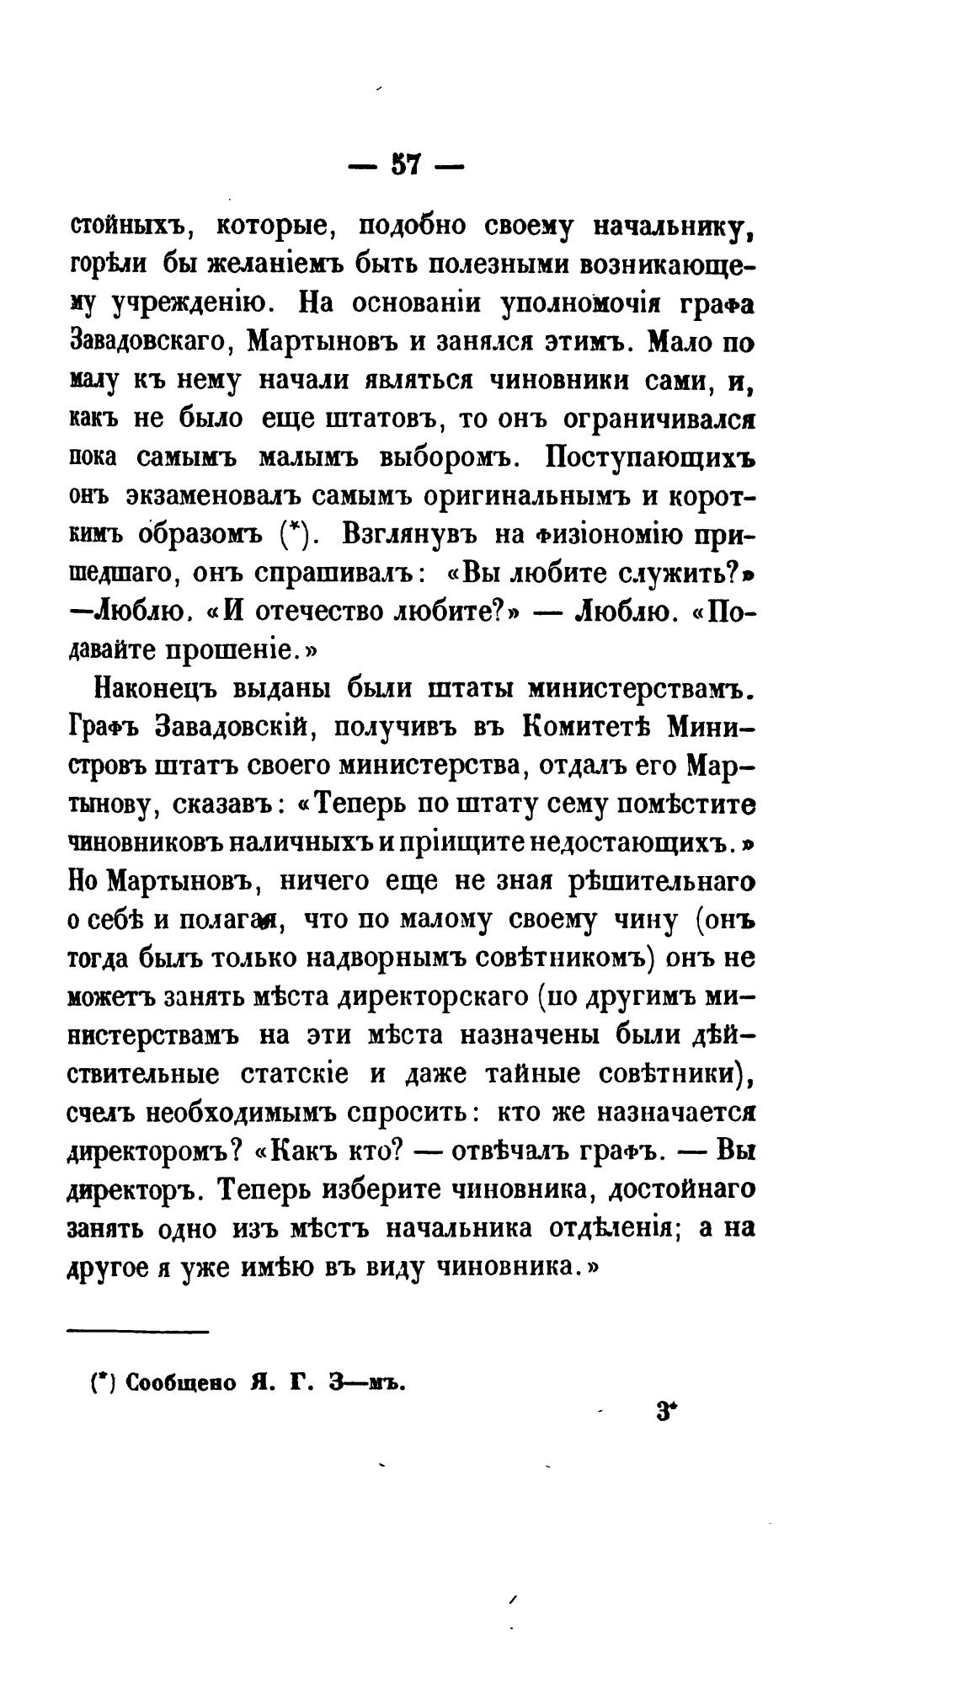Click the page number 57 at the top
pyautogui.click(x=405, y=163)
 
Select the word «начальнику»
pyautogui.click(x=673, y=227)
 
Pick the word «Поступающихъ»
pyautogui.click(x=649, y=457)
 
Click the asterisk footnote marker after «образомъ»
pyautogui.click(x=293, y=534)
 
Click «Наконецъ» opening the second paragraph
pyautogui.click(x=156, y=690)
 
